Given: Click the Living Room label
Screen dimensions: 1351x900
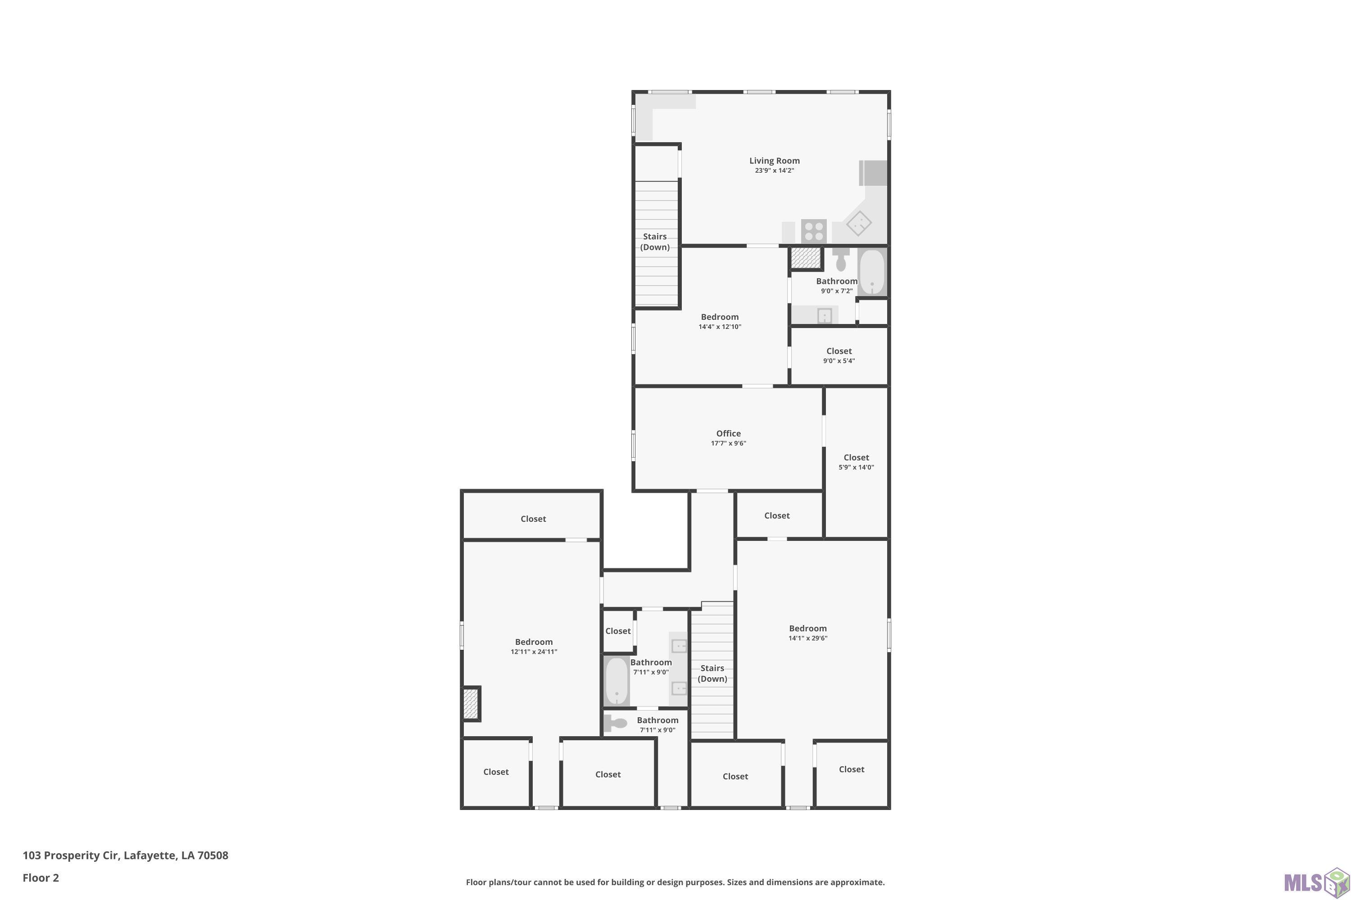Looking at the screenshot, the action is [774, 161].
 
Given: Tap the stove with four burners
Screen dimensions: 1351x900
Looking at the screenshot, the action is [814, 231].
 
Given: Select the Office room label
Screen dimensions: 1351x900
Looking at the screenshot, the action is [728, 433].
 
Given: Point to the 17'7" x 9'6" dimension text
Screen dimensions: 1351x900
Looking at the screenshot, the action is [728, 443].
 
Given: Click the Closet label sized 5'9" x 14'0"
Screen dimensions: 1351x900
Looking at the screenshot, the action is [856, 458].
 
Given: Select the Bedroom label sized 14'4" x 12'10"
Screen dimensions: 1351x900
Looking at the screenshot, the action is [720, 317].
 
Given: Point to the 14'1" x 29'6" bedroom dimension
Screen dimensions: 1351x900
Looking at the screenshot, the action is [807, 638].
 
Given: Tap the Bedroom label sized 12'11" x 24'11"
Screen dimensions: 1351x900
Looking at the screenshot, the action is [534, 642].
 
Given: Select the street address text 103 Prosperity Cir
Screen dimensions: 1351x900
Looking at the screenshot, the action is [70, 855].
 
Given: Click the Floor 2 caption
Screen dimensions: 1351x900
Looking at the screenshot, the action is [41, 877].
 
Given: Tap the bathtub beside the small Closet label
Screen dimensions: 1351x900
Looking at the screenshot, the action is [617, 681].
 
